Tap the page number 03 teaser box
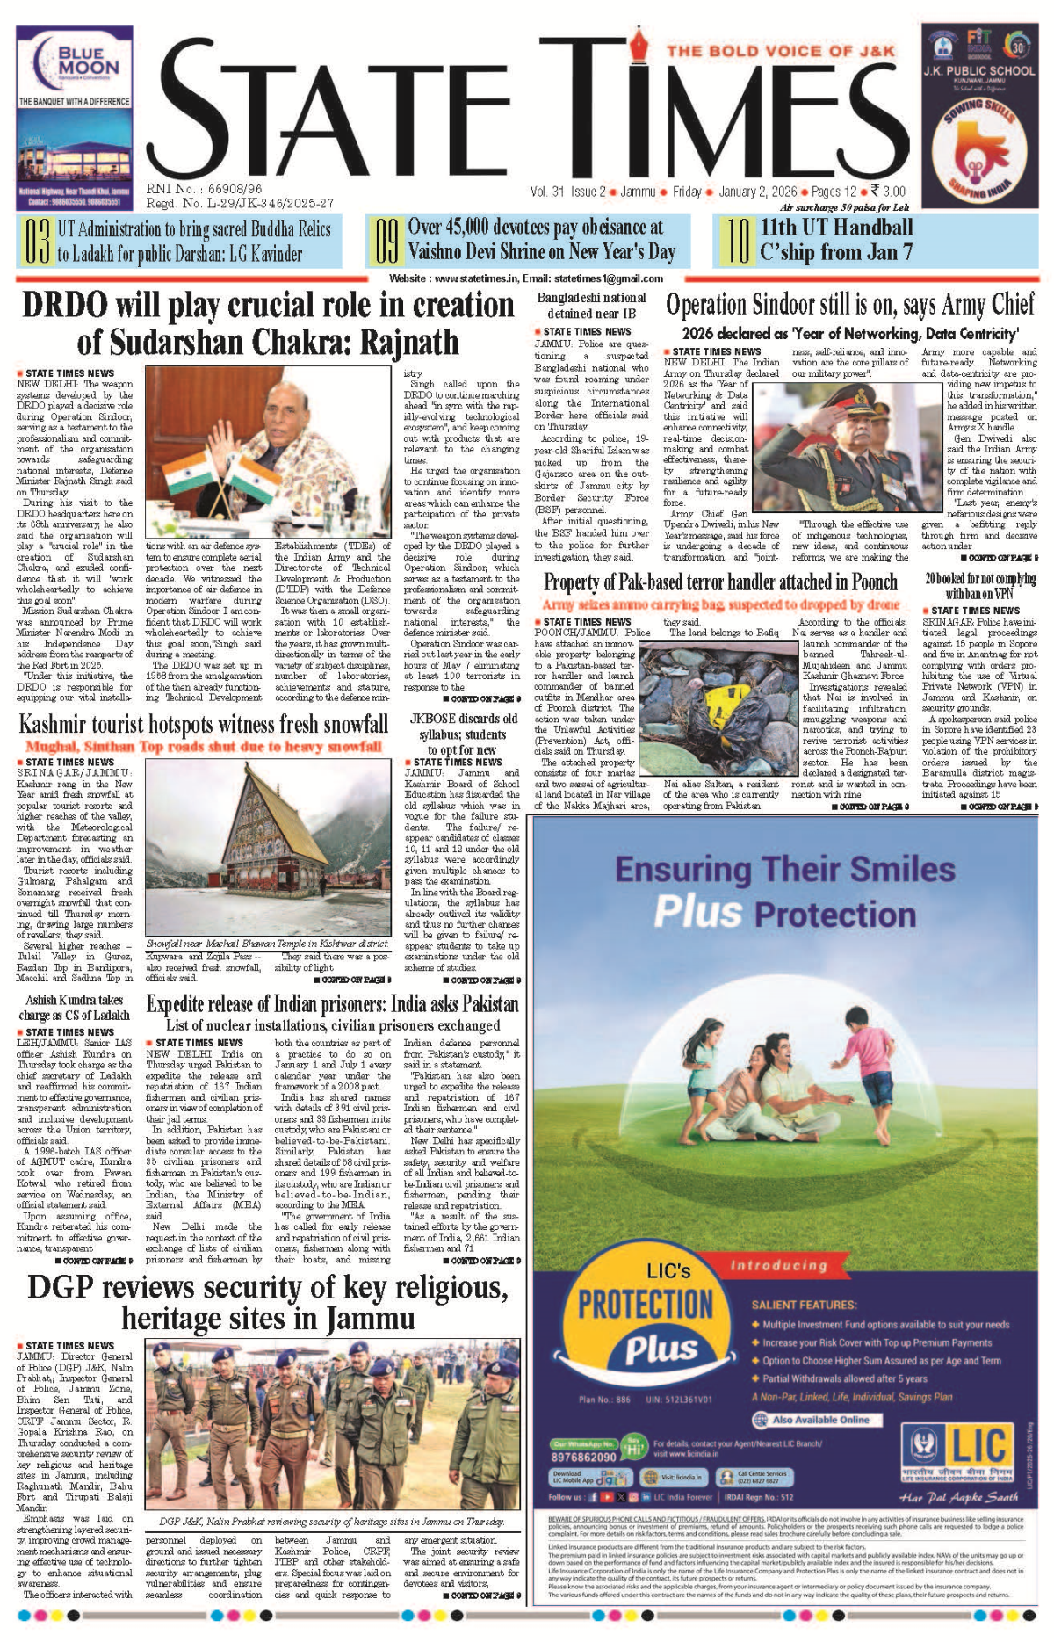pos(36,242)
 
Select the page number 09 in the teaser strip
pos(386,242)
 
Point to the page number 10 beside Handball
pos(736,242)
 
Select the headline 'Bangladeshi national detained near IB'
pos(591,306)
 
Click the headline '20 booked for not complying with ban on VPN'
pos(979,587)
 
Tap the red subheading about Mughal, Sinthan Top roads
pos(204,747)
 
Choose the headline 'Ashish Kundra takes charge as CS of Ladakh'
pos(75,1008)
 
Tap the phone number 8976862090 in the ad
pos(583,1457)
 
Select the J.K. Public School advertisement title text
pos(978,70)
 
